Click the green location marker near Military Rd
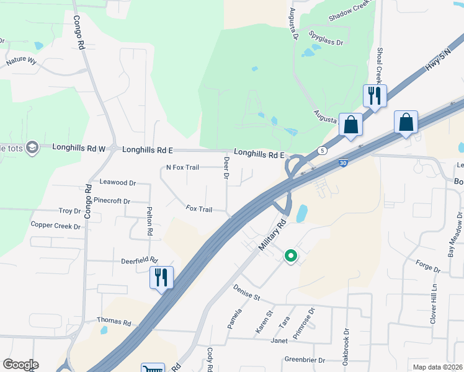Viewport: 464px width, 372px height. click(x=290, y=255)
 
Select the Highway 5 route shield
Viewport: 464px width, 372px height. click(x=321, y=151)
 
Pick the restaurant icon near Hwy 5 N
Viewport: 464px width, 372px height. click(x=375, y=95)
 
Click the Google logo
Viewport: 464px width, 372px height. click(x=20, y=365)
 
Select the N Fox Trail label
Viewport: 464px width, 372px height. click(x=182, y=167)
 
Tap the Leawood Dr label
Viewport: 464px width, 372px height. click(x=117, y=183)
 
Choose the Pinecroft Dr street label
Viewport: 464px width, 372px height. click(x=112, y=201)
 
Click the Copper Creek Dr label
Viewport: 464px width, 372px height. click(x=55, y=226)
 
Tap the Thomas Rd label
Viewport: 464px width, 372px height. click(x=114, y=322)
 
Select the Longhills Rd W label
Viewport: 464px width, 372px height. click(x=79, y=148)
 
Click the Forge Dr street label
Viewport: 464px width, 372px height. click(x=428, y=270)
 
